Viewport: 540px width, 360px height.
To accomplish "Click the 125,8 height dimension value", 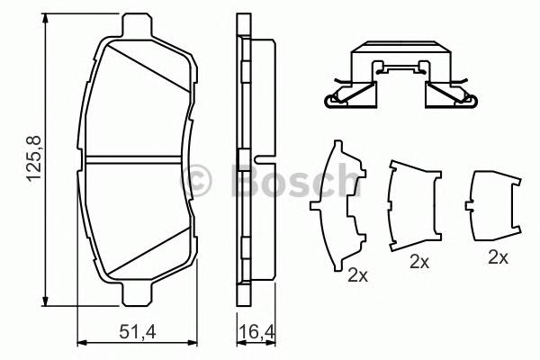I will pyautogui.click(x=35, y=161).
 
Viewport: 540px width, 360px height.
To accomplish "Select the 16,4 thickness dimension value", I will pyautogui.click(x=256, y=333).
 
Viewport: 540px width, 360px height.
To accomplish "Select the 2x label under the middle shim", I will pyautogui.click(x=418, y=263).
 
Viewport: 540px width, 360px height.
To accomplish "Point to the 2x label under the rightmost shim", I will pyautogui.click(x=498, y=256).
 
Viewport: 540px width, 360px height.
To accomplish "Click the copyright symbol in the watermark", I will pyautogui.click(x=196, y=179).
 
